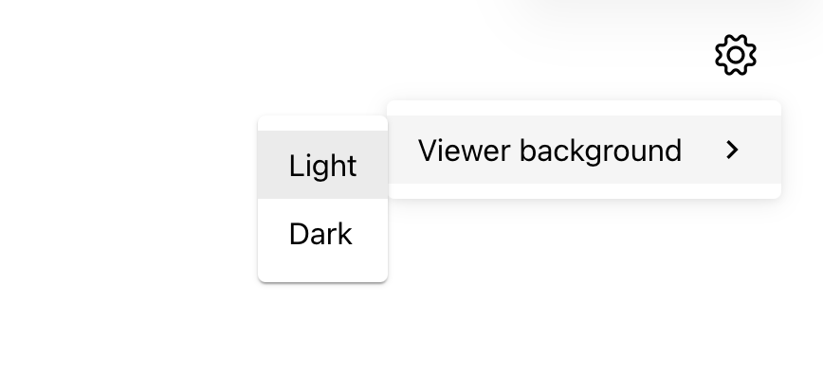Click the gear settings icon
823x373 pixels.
click(x=736, y=55)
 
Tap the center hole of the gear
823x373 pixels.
click(x=736, y=55)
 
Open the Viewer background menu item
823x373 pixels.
click(x=584, y=150)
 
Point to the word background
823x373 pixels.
click(x=600, y=151)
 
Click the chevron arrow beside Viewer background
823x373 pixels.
click(x=732, y=150)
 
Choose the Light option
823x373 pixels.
click(x=322, y=165)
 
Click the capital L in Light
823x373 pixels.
click(x=296, y=166)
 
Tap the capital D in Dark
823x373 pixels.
click(x=300, y=234)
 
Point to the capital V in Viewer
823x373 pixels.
click(x=429, y=151)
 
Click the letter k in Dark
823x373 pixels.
click(x=345, y=234)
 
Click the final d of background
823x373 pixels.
click(x=672, y=151)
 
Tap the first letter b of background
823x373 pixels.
click(x=528, y=151)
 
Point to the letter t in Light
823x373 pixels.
click(x=353, y=168)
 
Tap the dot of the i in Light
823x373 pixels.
click(x=310, y=155)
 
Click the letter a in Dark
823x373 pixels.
click(x=321, y=237)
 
